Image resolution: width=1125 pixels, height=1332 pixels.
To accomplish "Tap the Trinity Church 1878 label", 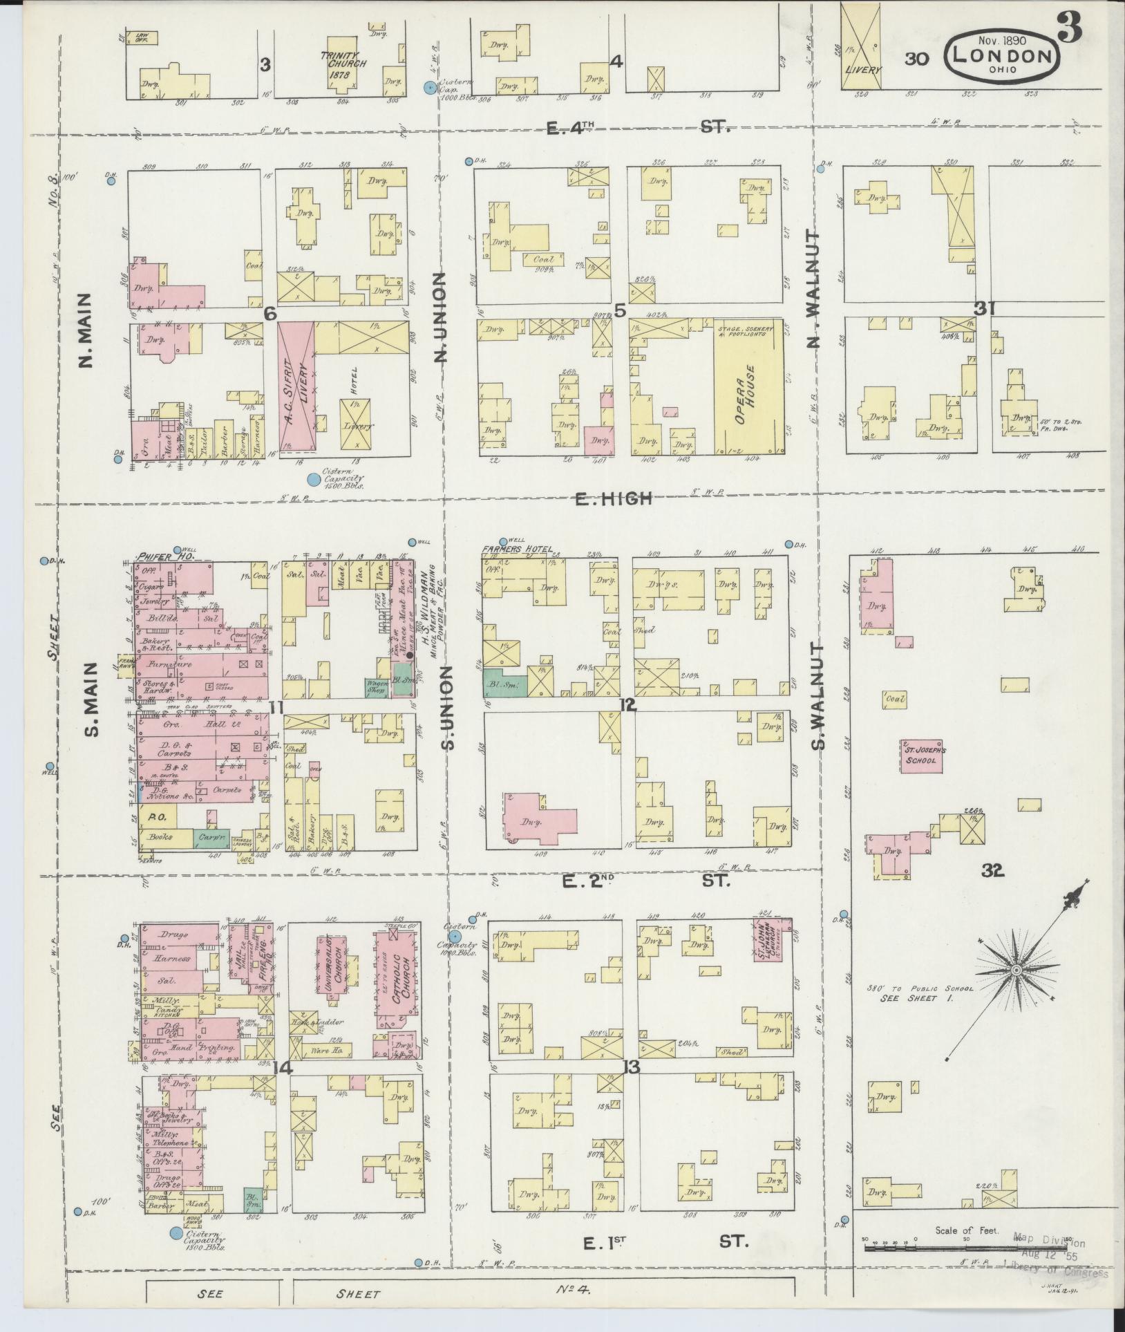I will (x=343, y=59).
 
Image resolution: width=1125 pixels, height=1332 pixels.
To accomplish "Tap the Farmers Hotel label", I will (x=518, y=550).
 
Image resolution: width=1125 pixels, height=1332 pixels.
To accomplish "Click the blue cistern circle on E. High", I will (x=314, y=478).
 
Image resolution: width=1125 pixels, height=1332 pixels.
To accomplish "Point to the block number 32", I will (x=994, y=872).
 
